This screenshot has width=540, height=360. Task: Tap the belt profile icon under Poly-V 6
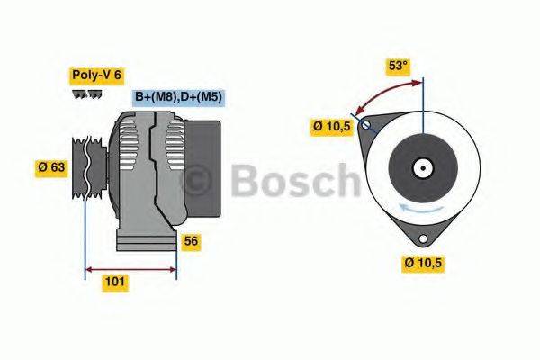tap(85, 94)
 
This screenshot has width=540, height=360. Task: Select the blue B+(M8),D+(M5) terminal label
tap(179, 96)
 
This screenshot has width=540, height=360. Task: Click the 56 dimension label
tap(191, 241)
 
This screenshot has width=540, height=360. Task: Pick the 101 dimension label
tap(115, 283)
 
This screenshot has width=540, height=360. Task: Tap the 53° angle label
tap(397, 65)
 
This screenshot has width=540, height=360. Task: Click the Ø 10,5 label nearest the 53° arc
tap(331, 127)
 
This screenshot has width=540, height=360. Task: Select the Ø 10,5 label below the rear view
tap(424, 264)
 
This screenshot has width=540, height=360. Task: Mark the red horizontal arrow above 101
tap(130, 268)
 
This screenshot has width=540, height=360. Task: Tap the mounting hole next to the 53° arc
tap(365, 126)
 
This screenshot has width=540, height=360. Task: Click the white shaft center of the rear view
tap(422, 167)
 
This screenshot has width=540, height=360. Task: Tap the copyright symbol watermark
tap(198, 181)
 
